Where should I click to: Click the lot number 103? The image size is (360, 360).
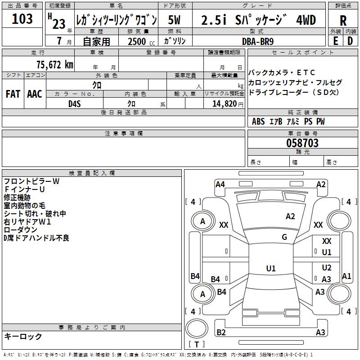click(22, 19)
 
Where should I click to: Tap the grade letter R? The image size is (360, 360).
click(343, 20)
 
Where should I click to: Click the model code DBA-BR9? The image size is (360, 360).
click(261, 41)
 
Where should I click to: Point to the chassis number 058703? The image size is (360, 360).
click(302, 143)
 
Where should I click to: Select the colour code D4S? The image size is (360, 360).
click(74, 103)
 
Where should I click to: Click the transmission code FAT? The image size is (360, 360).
click(13, 94)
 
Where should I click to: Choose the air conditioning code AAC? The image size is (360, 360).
click(35, 94)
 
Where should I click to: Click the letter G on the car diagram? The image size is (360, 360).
click(284, 237)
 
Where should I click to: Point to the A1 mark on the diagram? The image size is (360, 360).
click(346, 276)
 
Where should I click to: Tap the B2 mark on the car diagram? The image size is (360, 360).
click(221, 333)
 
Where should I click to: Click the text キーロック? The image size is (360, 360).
click(23, 336)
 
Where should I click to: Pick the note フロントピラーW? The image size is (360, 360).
click(31, 181)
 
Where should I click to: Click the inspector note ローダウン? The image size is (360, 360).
click(20, 230)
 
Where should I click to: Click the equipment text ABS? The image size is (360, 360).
click(258, 121)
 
